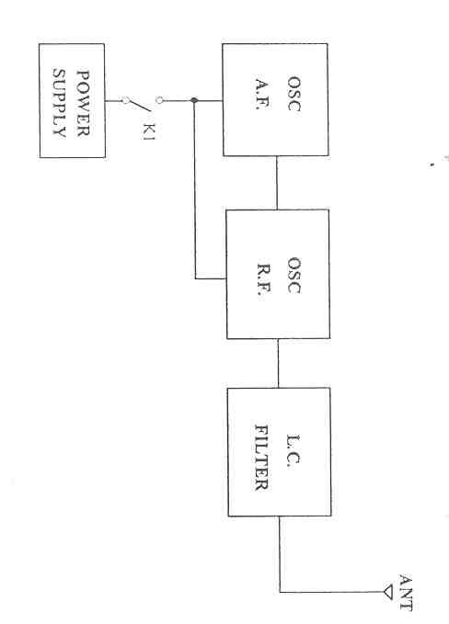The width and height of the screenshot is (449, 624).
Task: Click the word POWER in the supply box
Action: pos(83,104)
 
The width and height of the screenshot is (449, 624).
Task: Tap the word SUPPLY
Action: pos(60,104)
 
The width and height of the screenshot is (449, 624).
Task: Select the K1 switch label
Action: pos(148,131)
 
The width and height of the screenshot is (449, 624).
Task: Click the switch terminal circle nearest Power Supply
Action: pos(125,101)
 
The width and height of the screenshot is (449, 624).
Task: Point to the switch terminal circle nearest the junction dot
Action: pos(159,100)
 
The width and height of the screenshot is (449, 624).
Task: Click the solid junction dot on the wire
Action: pos(194,100)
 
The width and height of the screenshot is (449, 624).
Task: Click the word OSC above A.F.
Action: pos(294,94)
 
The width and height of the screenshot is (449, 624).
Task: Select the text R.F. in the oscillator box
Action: pos(263,278)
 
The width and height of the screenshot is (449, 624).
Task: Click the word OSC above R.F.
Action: pos(294,276)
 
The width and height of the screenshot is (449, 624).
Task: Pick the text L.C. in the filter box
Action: pos(293,451)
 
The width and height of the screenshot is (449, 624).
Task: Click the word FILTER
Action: pos(261,458)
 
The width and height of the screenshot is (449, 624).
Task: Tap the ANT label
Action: pos(405,592)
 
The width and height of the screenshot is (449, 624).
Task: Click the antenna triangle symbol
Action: pos(388,592)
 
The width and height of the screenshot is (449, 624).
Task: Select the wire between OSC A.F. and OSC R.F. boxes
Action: pos(277,183)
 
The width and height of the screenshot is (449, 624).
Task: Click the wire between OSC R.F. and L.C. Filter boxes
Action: pos(278,363)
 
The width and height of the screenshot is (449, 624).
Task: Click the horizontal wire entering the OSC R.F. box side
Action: pos(211,278)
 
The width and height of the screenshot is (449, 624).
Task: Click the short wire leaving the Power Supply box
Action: pos(113,101)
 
